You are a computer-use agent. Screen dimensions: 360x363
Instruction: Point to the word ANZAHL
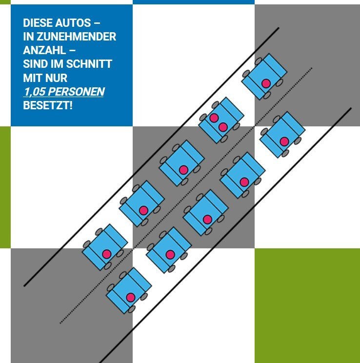pos(44,50)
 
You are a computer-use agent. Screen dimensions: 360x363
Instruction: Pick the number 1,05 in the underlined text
pos(35,92)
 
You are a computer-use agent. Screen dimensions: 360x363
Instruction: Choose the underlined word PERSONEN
pos(77,92)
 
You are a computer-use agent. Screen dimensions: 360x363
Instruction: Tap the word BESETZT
pos(46,105)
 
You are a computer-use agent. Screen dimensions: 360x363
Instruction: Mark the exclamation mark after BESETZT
pos(71,105)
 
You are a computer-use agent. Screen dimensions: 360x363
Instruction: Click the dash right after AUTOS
pos(98,23)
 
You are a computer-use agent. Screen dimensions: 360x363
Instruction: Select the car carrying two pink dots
pos(221,120)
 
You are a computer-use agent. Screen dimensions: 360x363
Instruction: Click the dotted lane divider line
pos(186,195)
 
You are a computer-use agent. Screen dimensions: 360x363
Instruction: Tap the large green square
pos(307,305)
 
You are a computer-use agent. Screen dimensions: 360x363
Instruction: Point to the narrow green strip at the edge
pos(5,187)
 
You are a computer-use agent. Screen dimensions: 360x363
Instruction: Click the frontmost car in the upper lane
pos(264,77)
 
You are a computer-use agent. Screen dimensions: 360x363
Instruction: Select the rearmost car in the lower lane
pos(129,290)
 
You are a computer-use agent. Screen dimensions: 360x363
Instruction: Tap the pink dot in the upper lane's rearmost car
pos(107,254)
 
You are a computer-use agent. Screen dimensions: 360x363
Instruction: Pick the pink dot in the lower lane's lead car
pos(284,141)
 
